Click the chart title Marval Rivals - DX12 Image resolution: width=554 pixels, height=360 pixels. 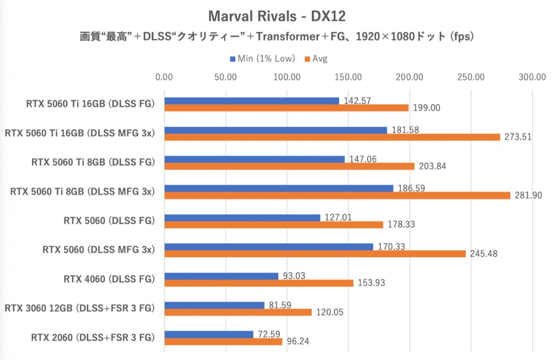[277, 16]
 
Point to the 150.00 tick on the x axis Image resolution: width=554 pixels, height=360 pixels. [349, 77]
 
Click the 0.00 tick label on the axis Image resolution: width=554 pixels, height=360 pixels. [165, 77]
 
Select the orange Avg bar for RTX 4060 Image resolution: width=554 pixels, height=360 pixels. [259, 283]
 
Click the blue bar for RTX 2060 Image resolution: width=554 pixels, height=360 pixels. [209, 334]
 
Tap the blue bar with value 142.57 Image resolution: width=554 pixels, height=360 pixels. [252, 101]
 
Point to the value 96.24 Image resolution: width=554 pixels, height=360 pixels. [299, 342]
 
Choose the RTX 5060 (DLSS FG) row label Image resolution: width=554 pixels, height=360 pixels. [108, 221]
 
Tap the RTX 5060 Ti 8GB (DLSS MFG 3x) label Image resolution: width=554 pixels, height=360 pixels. [82, 192]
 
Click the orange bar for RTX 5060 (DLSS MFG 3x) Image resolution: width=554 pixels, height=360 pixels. [315, 254]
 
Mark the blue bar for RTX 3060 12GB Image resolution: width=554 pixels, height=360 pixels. [214, 305]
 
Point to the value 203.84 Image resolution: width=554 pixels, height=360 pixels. [432, 166]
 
